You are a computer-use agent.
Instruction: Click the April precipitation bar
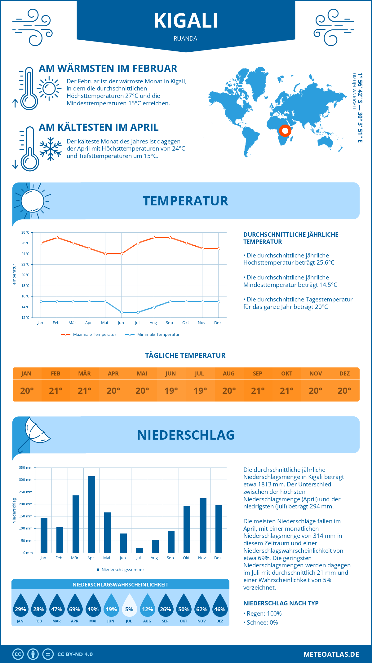92,514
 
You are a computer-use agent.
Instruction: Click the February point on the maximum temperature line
57,238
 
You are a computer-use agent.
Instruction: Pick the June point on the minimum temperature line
122,312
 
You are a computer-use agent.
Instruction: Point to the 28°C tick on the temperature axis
25,232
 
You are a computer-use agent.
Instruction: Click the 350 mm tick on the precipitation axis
26,468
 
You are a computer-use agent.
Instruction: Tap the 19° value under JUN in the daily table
171,391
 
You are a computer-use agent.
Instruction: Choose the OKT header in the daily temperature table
286,374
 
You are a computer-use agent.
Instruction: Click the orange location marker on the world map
285,130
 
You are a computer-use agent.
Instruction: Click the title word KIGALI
186,21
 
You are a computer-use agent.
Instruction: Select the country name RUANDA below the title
185,38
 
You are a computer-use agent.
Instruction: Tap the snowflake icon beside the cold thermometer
51,149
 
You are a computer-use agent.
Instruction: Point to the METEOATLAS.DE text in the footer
331,654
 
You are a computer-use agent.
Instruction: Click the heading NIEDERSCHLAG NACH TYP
281,603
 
